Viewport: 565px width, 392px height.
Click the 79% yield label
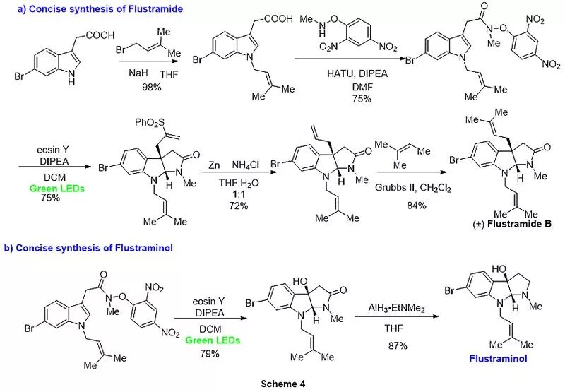209,353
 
